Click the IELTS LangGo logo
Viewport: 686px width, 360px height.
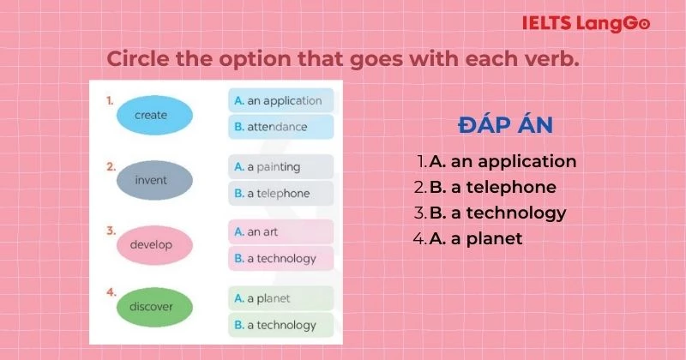click(x=586, y=23)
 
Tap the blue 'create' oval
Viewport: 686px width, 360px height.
click(x=152, y=115)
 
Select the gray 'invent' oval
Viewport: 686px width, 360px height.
click(x=152, y=180)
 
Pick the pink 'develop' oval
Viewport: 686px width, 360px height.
click(x=152, y=245)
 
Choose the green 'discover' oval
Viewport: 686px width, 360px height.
click(x=152, y=307)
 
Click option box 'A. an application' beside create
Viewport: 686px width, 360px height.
click(x=280, y=100)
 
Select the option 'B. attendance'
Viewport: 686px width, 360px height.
click(x=280, y=127)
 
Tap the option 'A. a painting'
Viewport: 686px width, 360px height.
click(x=280, y=166)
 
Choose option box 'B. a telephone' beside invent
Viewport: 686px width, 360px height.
click(x=280, y=193)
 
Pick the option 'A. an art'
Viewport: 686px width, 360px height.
click(x=280, y=231)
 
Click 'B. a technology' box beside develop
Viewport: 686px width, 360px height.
click(x=280, y=258)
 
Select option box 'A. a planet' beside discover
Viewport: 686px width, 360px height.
click(x=280, y=298)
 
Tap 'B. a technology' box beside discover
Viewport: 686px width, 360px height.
click(x=280, y=325)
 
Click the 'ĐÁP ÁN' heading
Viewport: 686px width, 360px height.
click(x=505, y=126)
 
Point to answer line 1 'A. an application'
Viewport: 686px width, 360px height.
click(x=496, y=161)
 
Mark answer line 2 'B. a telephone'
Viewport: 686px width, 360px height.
click(x=485, y=187)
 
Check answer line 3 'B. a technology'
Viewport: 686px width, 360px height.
click(x=490, y=213)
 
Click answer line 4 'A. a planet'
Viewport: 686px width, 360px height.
click(x=468, y=238)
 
